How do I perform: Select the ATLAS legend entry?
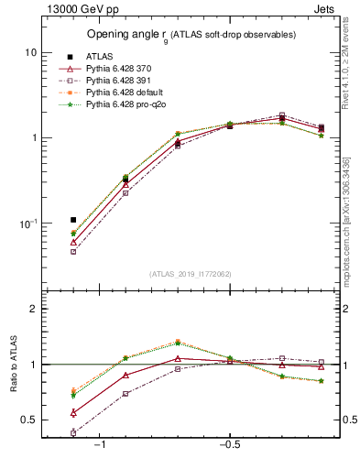point(99,56)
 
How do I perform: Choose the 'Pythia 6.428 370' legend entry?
point(121,69)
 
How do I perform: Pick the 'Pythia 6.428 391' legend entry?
point(121,82)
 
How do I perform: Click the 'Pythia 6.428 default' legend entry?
point(126,93)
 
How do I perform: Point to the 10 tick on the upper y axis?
point(30,52)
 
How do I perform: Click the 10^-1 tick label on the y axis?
point(27,223)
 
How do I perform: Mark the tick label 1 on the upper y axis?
point(33,137)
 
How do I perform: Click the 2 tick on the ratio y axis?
point(33,309)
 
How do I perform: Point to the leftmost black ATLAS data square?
point(73,220)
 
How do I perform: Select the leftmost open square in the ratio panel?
point(73,432)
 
